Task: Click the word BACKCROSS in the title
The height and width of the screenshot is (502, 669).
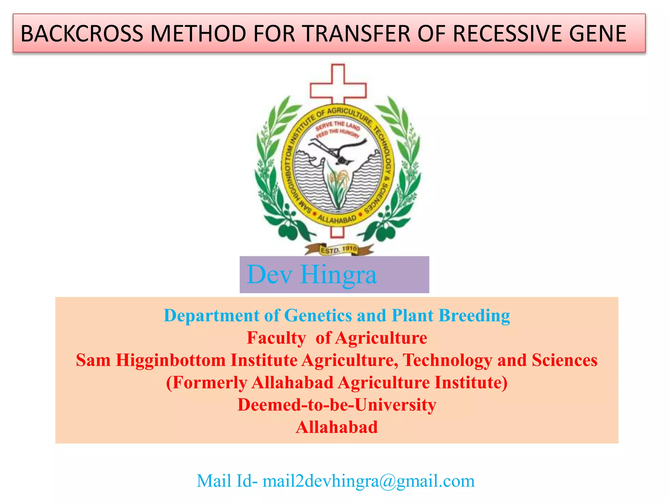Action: (x=82, y=34)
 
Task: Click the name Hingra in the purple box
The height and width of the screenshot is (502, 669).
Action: (x=338, y=275)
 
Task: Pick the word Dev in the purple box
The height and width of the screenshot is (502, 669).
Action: (x=269, y=275)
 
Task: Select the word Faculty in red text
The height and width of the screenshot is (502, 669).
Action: (x=276, y=338)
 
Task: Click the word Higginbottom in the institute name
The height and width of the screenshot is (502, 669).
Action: (x=171, y=360)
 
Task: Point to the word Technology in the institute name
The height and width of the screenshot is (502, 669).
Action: (x=447, y=360)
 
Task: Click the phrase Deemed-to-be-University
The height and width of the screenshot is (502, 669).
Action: (x=337, y=405)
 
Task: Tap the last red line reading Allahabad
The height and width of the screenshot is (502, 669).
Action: (x=337, y=427)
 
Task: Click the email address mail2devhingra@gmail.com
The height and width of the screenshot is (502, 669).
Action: (x=368, y=481)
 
